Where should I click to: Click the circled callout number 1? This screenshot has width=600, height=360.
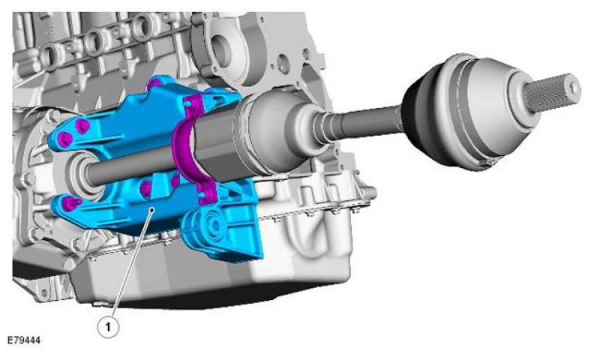point(108,327)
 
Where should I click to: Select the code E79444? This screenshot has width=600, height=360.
point(24,340)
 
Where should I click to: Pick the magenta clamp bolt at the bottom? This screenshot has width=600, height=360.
point(207,196)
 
